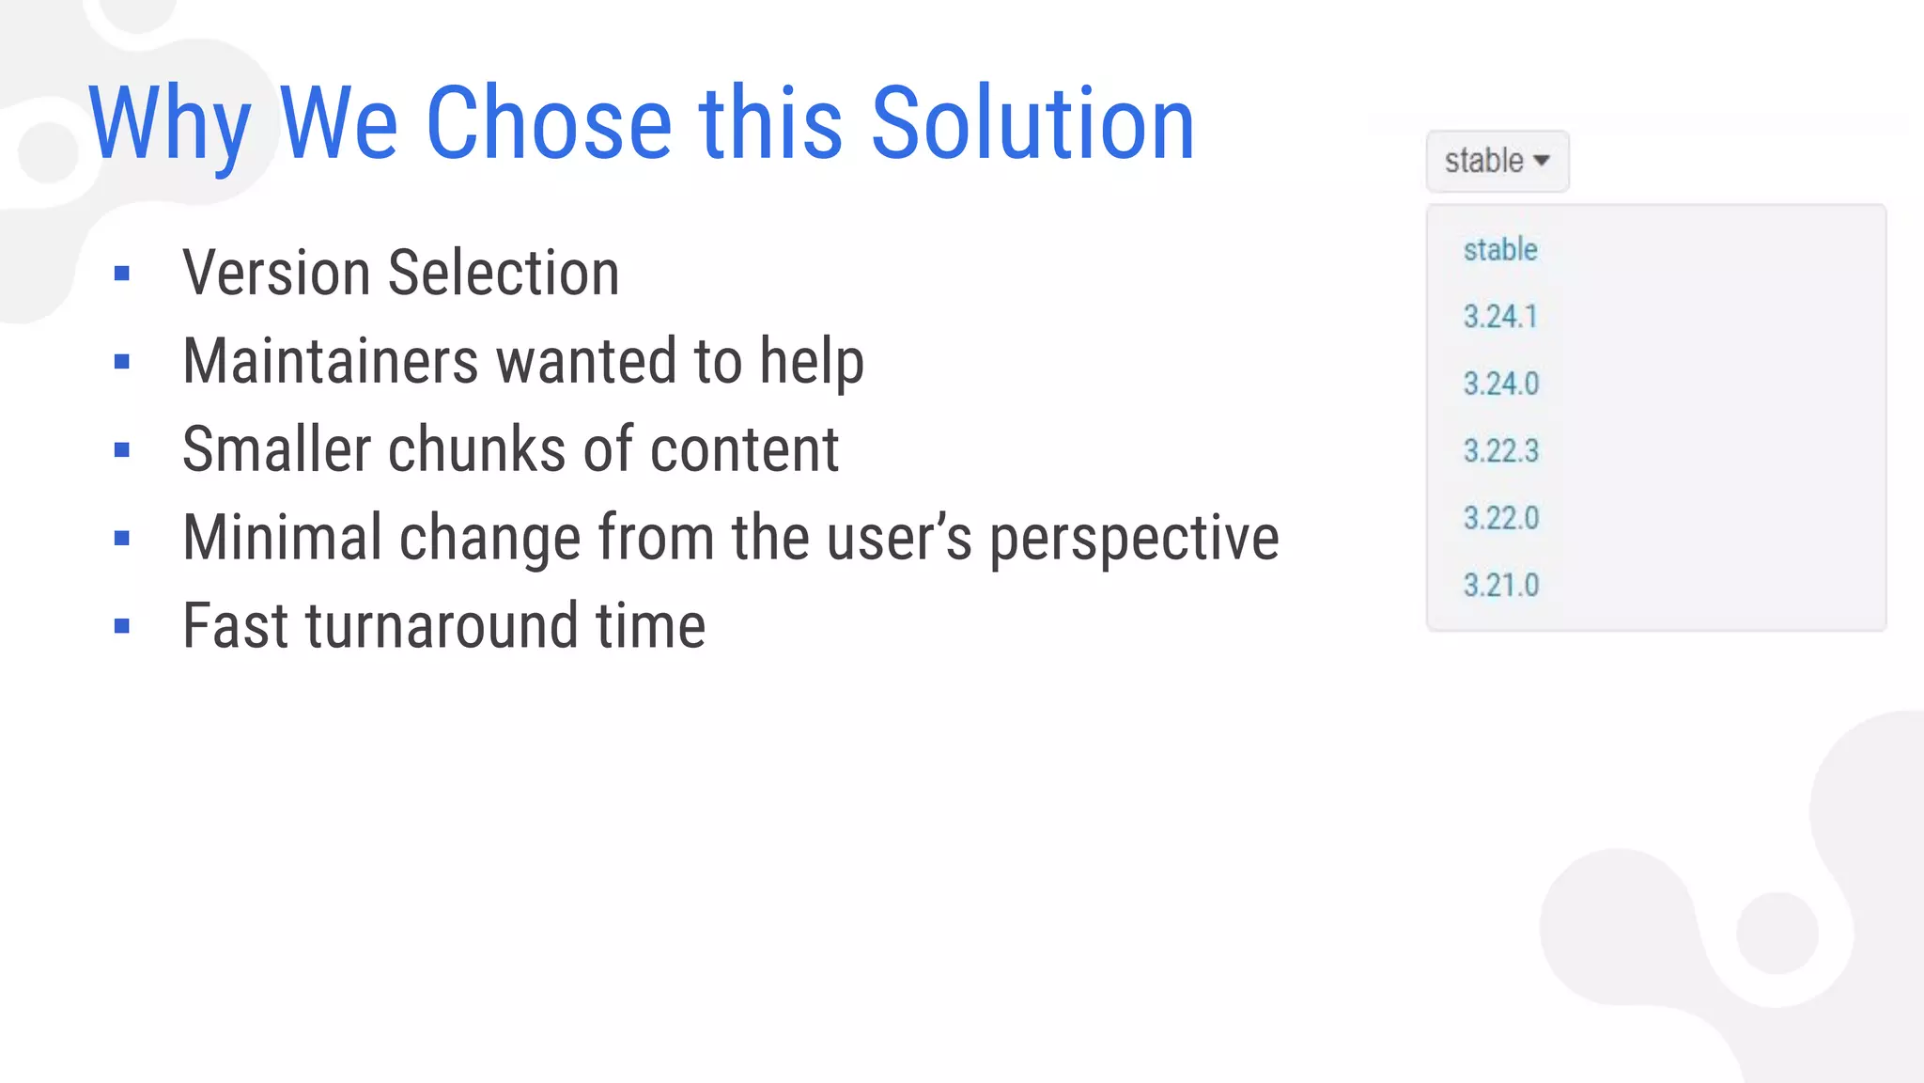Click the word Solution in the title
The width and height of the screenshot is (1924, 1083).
click(x=1032, y=123)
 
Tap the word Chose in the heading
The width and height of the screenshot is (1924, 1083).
click(x=549, y=123)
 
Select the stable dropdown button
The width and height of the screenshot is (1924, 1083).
click(x=1497, y=161)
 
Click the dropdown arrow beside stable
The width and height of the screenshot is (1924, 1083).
click(x=1542, y=161)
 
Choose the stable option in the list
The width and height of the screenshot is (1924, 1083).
click(x=1500, y=250)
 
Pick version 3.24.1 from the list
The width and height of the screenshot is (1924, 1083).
click(x=1500, y=317)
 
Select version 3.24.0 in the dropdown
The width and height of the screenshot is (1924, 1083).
click(x=1501, y=384)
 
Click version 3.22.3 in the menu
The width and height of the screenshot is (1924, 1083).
click(x=1501, y=451)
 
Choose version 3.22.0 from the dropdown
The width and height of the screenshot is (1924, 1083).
click(x=1501, y=518)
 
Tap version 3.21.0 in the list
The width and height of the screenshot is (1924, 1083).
click(x=1501, y=586)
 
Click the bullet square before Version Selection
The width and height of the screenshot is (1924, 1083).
click(x=121, y=274)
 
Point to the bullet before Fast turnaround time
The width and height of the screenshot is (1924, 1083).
click(x=121, y=626)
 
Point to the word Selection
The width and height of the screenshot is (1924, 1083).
click(x=504, y=274)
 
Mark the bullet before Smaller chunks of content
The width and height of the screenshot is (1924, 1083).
click(x=121, y=450)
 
